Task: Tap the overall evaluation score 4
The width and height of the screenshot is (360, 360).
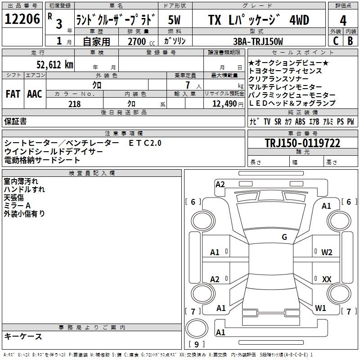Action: [343, 20]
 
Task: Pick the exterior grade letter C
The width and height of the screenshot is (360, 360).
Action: [335, 41]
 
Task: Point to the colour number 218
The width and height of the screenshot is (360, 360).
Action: [75, 104]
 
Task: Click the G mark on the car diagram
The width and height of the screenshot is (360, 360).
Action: [284, 237]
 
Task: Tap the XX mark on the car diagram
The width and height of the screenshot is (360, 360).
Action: [327, 279]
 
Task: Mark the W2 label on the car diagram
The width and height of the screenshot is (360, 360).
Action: [327, 252]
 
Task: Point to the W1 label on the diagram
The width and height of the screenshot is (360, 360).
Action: [320, 308]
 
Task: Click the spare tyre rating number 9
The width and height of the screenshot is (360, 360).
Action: [196, 345]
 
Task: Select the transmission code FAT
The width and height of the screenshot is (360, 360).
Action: [13, 94]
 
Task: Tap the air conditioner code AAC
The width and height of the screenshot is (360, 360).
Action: [34, 94]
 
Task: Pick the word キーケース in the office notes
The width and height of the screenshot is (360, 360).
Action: [23, 337]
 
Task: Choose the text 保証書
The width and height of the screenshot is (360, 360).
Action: [15, 121]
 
